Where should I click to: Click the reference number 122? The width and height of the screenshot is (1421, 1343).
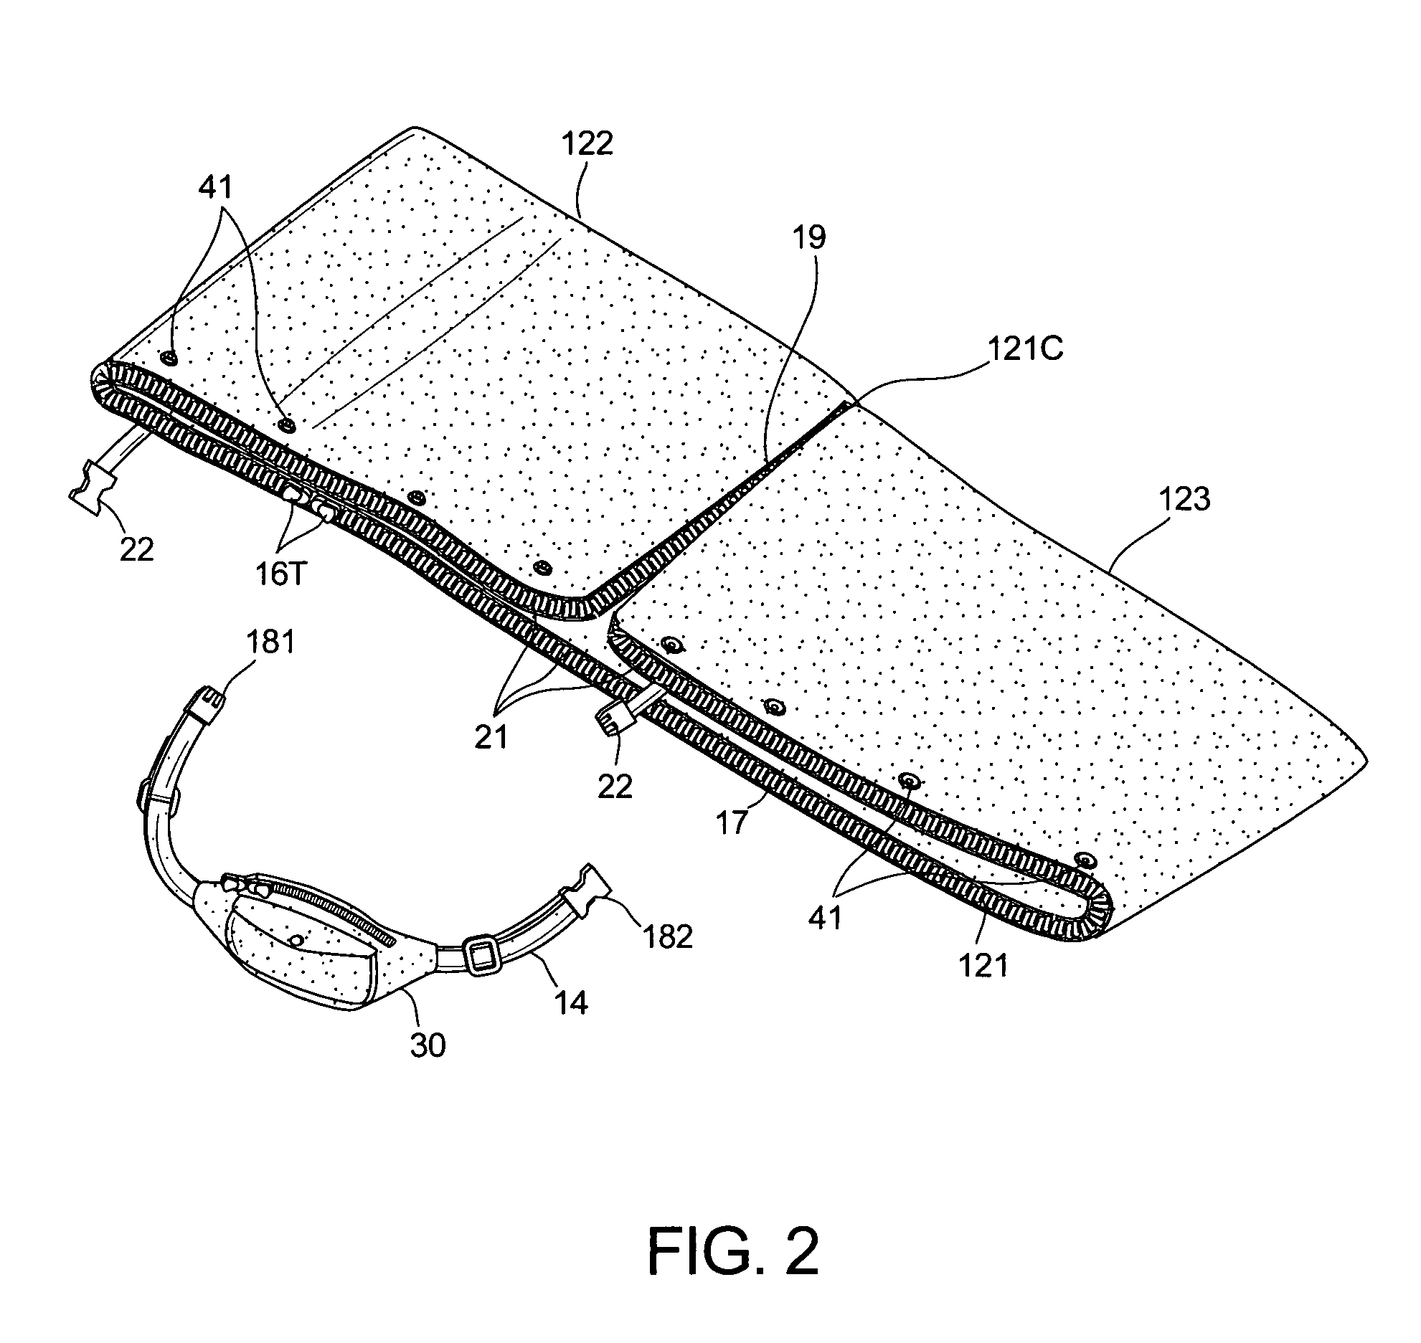click(x=587, y=144)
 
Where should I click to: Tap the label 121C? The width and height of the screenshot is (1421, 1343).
click(x=1026, y=350)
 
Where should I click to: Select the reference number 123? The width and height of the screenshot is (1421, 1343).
click(x=1184, y=499)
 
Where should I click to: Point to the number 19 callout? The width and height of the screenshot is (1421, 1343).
click(x=808, y=237)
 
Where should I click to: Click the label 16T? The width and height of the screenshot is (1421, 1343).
click(x=280, y=575)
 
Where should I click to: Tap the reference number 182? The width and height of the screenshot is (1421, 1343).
click(x=667, y=936)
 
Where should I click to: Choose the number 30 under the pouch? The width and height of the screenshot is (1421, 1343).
click(x=428, y=1045)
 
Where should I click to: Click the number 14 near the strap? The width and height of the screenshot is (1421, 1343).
click(x=571, y=1002)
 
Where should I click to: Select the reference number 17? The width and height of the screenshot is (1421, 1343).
click(x=732, y=824)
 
